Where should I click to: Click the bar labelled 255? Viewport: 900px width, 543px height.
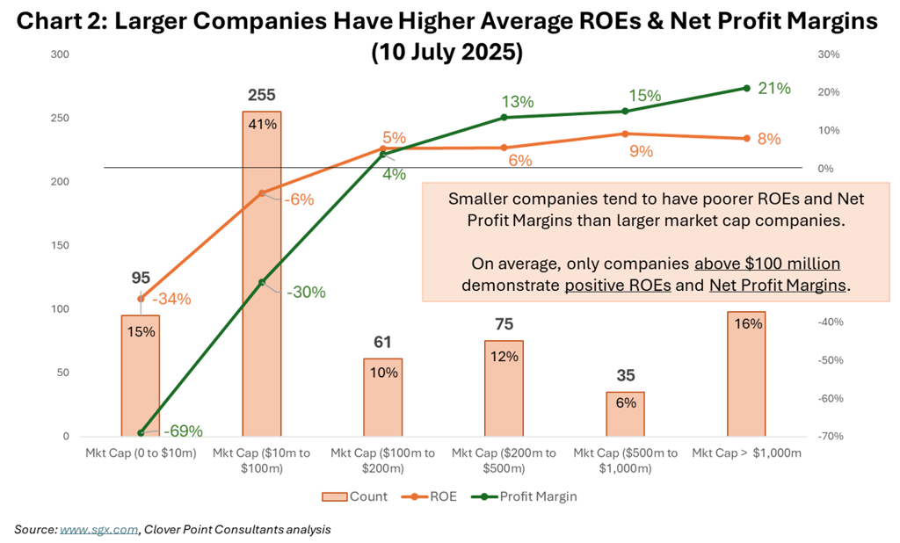tap(261, 272)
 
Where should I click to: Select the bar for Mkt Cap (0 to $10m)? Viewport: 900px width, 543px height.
tap(141, 375)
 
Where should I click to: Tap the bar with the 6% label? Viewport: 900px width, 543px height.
tap(625, 414)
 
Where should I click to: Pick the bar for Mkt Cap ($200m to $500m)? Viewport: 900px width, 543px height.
tap(504, 387)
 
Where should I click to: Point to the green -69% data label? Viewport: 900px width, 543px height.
tap(182, 431)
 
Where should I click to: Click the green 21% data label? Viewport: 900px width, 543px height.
tap(775, 88)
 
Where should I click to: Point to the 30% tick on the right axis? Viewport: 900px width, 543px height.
tap(829, 54)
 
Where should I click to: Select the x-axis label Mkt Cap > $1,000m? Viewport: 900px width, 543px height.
tap(746, 452)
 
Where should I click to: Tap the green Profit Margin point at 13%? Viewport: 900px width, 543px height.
tap(504, 117)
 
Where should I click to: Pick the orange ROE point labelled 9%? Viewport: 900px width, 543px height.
tap(625, 134)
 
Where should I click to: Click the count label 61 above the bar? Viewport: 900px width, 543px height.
tap(382, 342)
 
